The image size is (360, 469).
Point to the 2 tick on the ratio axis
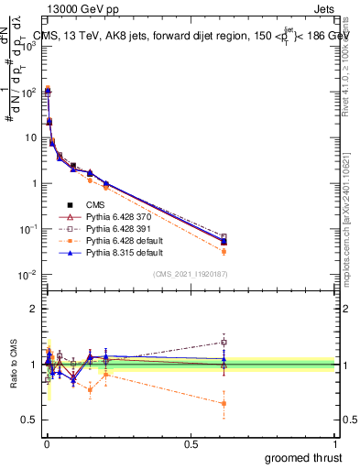(32, 309)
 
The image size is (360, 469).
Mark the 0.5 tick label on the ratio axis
(27, 420)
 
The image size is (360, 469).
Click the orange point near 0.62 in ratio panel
(224, 403)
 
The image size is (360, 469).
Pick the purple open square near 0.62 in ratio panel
(224, 342)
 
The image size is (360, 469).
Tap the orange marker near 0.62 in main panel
(224, 251)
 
